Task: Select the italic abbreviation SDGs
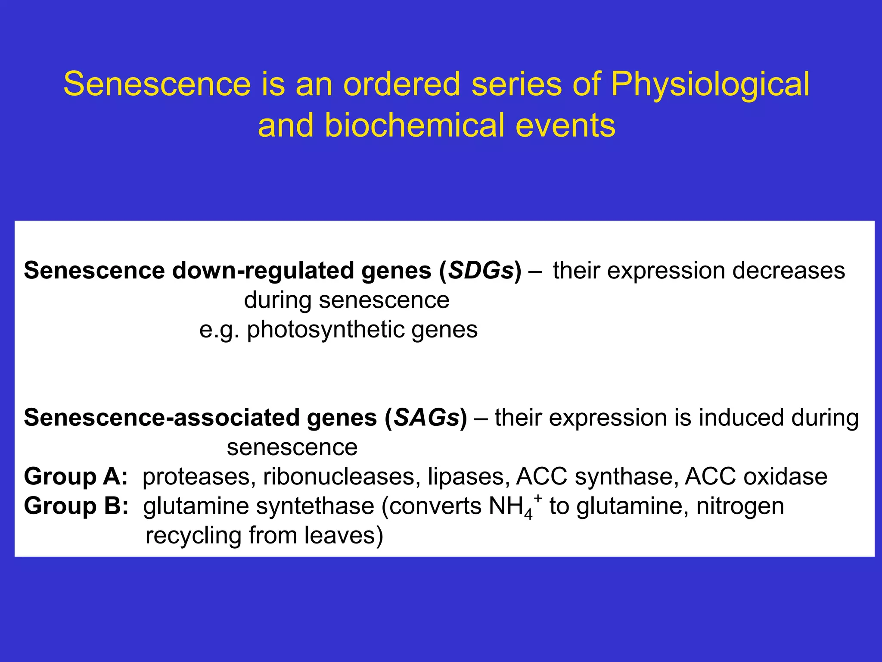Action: click(x=481, y=271)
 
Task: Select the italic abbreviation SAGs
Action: click(x=426, y=418)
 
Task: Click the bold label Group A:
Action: click(x=76, y=477)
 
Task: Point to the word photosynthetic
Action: click(x=326, y=330)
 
